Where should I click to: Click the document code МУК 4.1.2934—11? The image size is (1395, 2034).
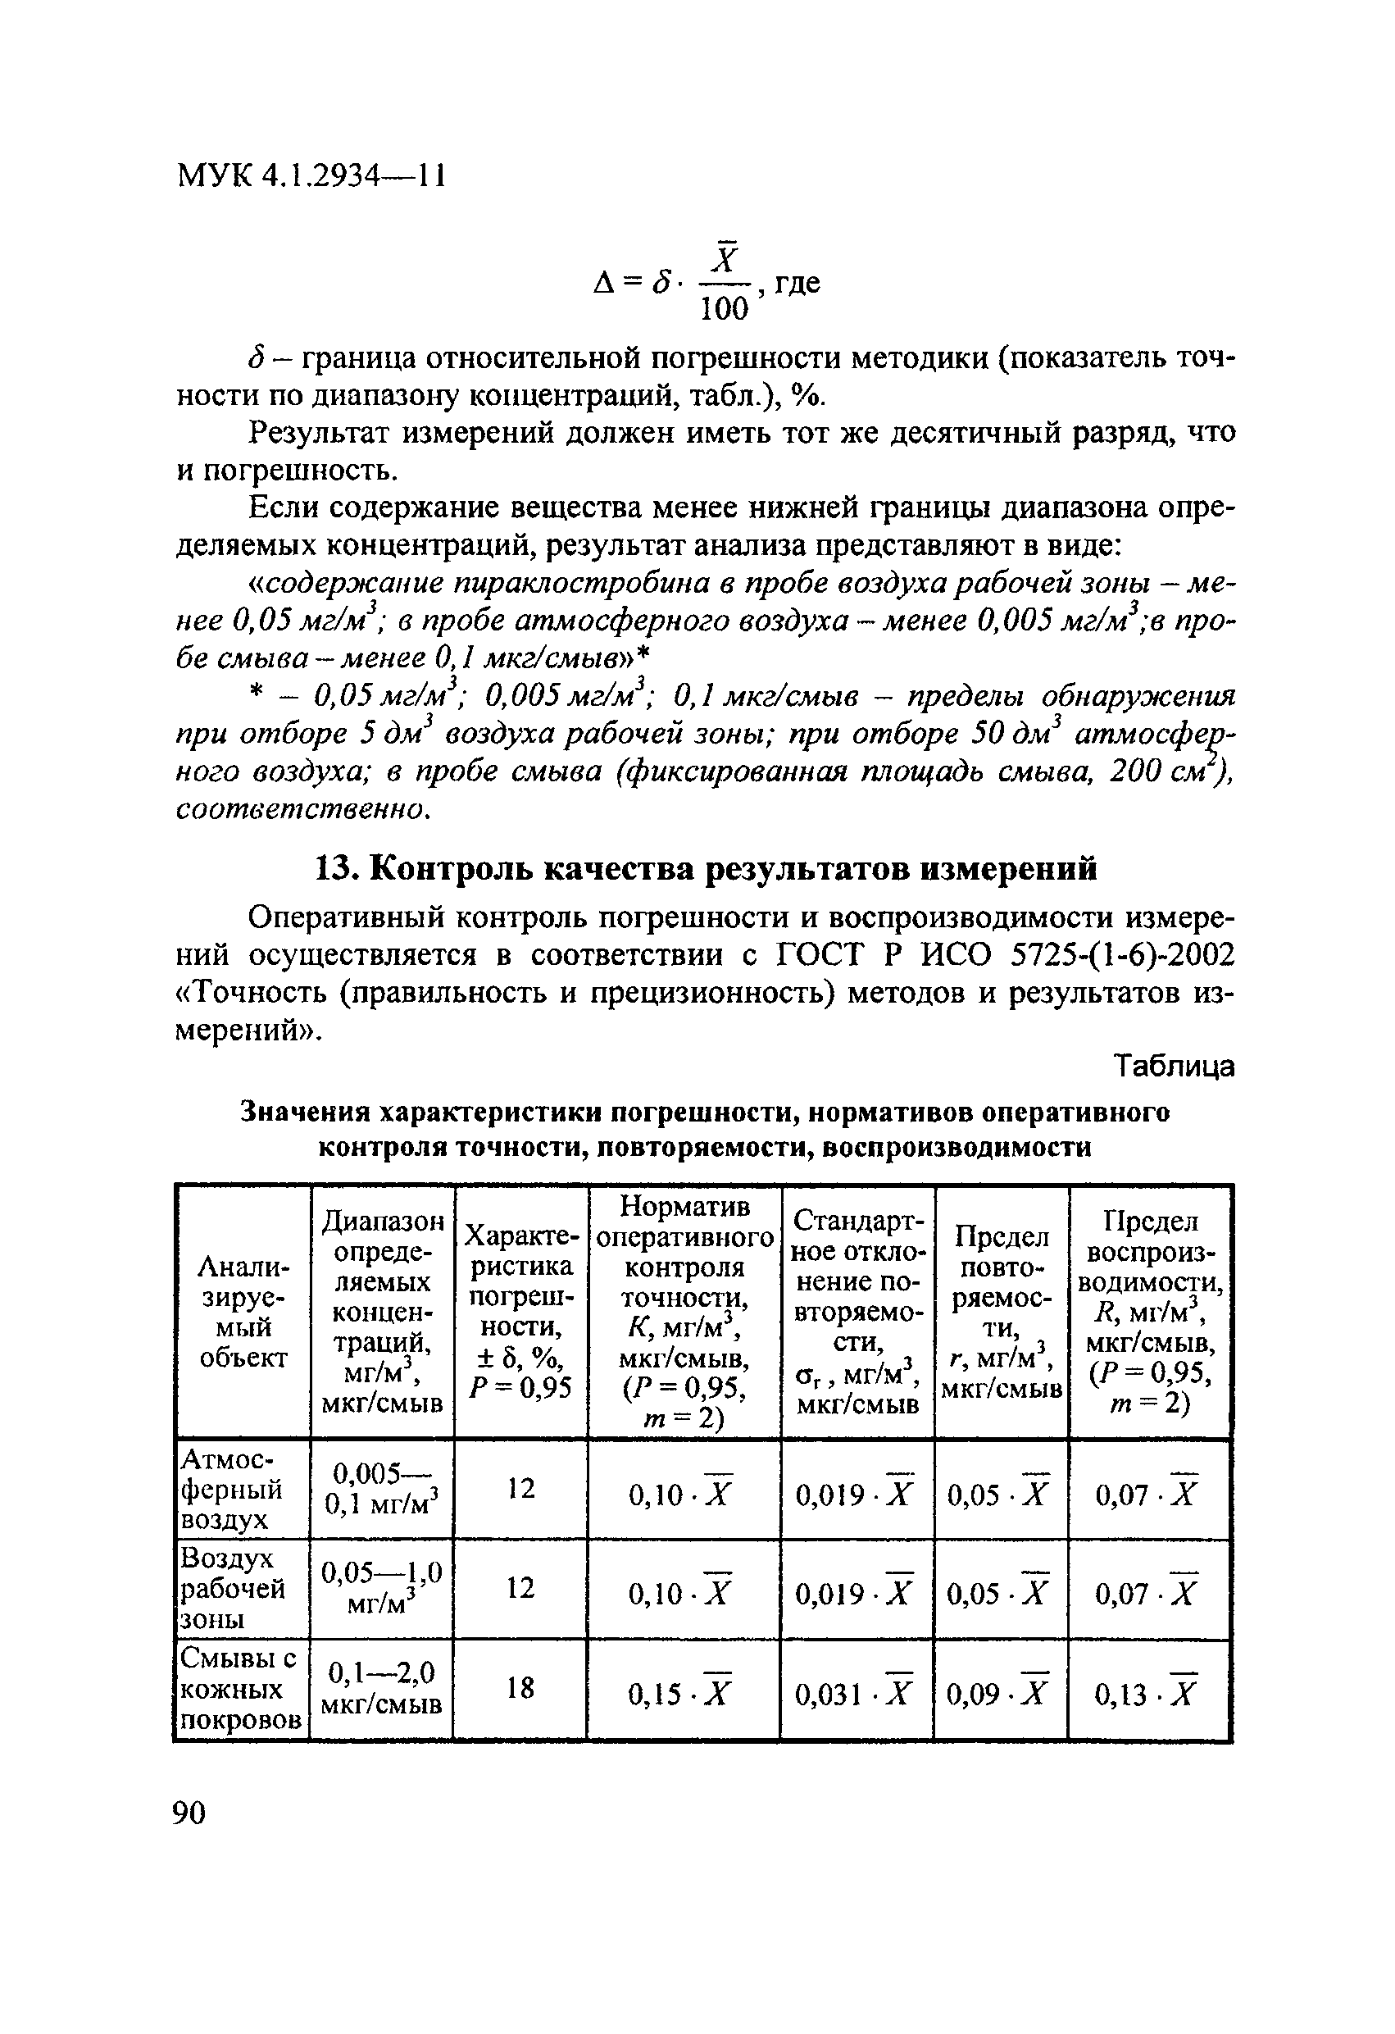pyautogui.click(x=311, y=176)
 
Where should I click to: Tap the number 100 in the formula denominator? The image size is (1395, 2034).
pyautogui.click(x=725, y=308)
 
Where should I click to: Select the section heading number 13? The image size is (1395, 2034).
pyautogui.click(x=332, y=868)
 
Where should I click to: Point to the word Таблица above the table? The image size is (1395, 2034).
pyautogui.click(x=1174, y=1066)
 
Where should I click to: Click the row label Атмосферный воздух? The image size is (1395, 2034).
pyautogui.click(x=232, y=1488)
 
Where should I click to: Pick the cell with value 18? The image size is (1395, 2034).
pyautogui.click(x=520, y=1687)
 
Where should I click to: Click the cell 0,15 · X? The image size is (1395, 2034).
pyautogui.click(x=680, y=1695)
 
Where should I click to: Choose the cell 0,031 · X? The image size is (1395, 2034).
pyautogui.click(x=854, y=1695)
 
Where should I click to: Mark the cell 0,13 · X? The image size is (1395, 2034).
pyautogui.click(x=1146, y=1695)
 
